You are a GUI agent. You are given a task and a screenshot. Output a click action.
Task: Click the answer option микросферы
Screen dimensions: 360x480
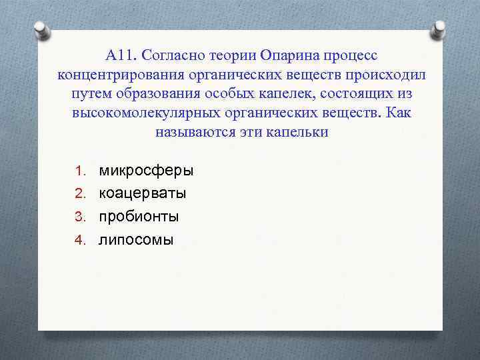click(x=146, y=170)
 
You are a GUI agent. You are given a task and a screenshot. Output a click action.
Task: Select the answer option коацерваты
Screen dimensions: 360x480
click(x=143, y=193)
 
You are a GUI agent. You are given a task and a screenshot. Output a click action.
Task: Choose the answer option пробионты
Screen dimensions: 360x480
click(x=139, y=217)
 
